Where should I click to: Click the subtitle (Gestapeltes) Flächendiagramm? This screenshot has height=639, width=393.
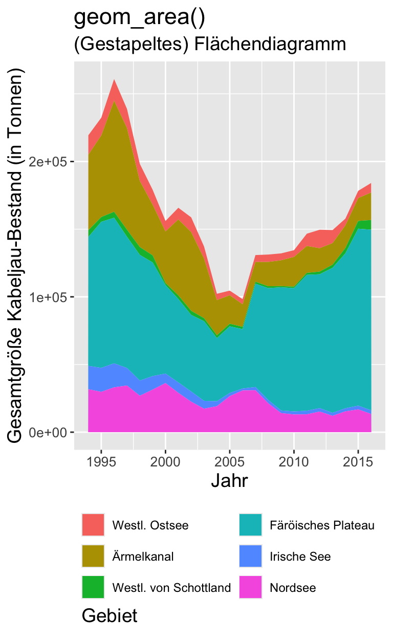tap(210, 44)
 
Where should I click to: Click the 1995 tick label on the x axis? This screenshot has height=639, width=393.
tap(101, 461)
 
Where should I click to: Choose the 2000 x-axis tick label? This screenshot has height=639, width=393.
tap(165, 461)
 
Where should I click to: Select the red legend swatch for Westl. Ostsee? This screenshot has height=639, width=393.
tap(93, 525)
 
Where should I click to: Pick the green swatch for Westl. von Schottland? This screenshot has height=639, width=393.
tap(93, 587)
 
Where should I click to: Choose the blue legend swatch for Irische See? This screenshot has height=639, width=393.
tap(250, 556)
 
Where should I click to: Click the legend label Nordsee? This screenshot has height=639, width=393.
tap(293, 588)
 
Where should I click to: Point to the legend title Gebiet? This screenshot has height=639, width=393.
tap(110, 615)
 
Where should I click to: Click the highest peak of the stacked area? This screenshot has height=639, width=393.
tap(114, 80)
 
